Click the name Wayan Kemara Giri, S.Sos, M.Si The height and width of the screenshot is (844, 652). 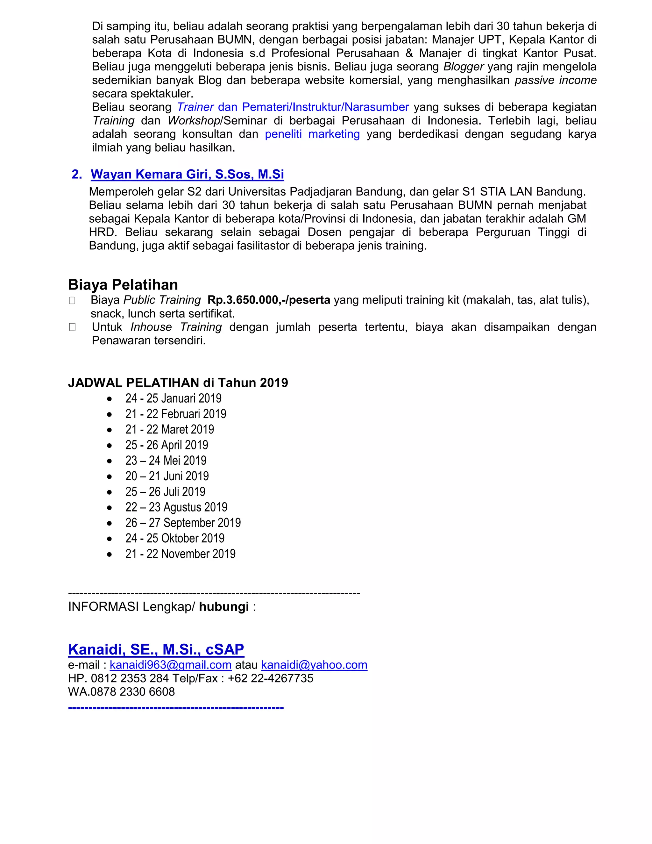[x=187, y=174]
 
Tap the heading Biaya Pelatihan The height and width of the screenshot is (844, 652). [x=123, y=285]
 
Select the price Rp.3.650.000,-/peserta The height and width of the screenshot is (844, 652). [x=269, y=300]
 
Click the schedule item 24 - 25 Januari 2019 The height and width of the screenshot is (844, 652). [x=173, y=398]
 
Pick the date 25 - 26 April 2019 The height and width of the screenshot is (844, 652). [x=167, y=445]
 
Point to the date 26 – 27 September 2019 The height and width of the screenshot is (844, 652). [x=183, y=523]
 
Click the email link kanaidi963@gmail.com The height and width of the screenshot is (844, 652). [x=170, y=665]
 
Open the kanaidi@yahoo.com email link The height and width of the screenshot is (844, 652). [x=314, y=665]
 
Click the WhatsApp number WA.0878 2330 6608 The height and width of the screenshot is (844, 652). [x=121, y=692]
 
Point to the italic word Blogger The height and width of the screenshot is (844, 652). [x=463, y=67]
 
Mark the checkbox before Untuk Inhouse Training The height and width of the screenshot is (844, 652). [x=72, y=327]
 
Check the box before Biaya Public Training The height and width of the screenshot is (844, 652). [x=72, y=300]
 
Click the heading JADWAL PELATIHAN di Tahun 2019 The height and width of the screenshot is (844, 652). [x=178, y=383]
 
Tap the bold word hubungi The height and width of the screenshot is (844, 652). [x=223, y=607]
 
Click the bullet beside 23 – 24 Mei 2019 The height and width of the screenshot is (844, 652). [x=110, y=461]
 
